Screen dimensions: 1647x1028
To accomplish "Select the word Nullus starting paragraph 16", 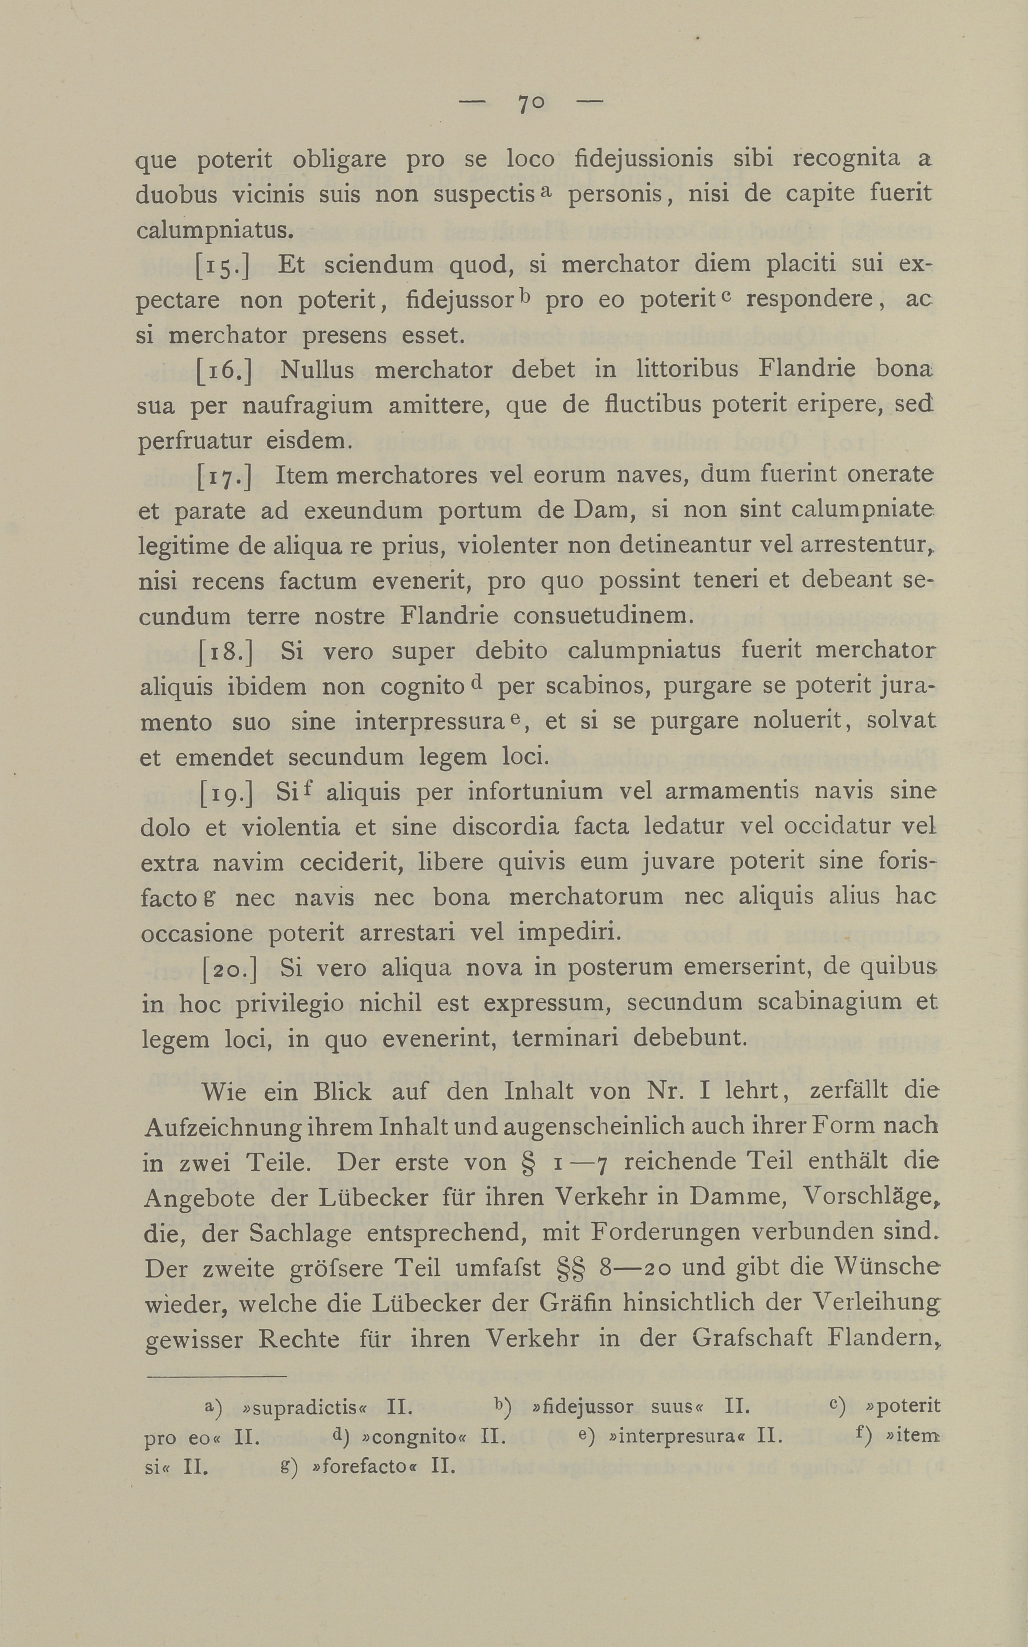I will (x=317, y=370).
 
